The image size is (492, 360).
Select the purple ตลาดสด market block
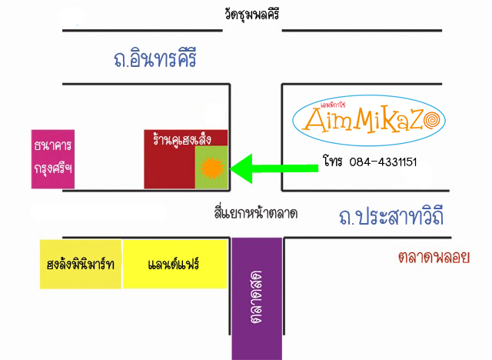point(257,296)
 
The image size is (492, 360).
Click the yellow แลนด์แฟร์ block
point(175,264)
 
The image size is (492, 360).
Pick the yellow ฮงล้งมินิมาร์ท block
point(81,264)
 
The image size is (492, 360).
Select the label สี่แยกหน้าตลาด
point(256,212)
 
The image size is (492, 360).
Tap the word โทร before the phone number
point(331,162)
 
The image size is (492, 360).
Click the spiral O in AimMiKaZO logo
point(433,119)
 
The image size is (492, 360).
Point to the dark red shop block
point(169,169)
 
